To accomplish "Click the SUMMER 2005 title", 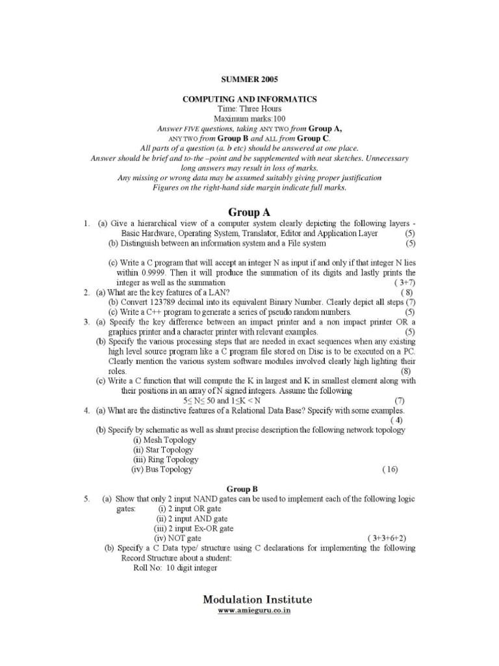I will (249, 79).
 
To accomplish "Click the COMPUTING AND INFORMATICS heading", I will (249, 99).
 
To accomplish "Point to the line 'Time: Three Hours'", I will (249, 109).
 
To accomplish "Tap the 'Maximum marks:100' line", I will (249, 119).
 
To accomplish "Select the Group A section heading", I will (249, 212).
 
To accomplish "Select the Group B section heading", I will (249, 488).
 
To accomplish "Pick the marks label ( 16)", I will (390, 470).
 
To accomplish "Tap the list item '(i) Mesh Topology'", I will (164, 440).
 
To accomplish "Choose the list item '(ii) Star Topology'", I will (163, 449).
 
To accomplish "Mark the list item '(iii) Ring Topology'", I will (166, 459).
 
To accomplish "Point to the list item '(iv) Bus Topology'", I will (162, 470).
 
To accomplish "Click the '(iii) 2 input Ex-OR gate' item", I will (193, 529).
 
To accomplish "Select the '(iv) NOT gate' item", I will (177, 539).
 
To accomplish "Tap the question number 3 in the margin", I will (86, 322).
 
